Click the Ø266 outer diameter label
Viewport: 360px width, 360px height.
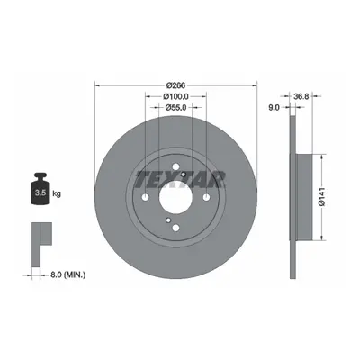(175, 85)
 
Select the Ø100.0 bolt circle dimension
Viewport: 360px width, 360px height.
(175, 96)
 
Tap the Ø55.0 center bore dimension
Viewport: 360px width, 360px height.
(175, 107)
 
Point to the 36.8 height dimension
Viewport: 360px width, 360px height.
(301, 96)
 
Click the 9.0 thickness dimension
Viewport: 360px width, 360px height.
(274, 107)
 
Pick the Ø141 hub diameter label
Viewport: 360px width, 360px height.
(322, 197)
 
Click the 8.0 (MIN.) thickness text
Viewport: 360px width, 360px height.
(67, 274)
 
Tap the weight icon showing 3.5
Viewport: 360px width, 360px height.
(40, 189)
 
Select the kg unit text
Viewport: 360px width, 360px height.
(57, 193)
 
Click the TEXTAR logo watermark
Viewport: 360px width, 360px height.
(180, 180)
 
